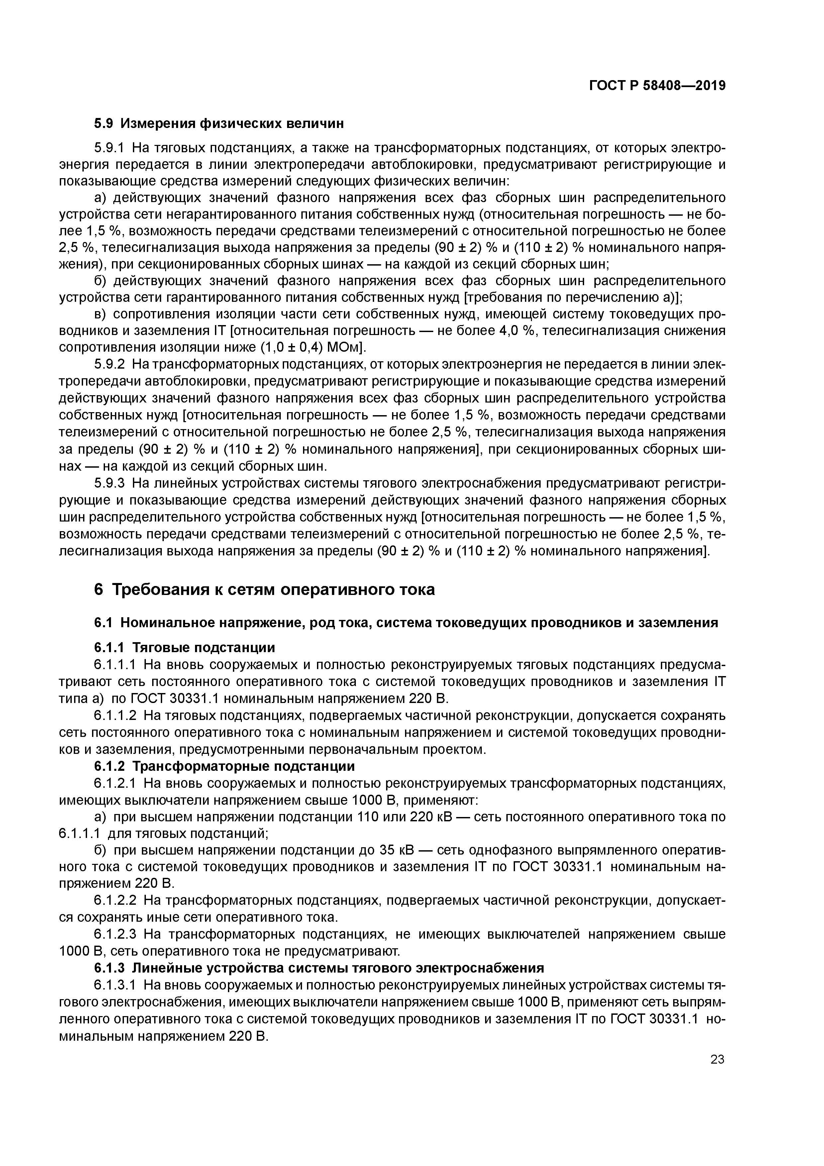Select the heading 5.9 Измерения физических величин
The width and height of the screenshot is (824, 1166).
(219, 123)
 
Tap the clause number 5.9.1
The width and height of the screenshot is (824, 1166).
(109, 148)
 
